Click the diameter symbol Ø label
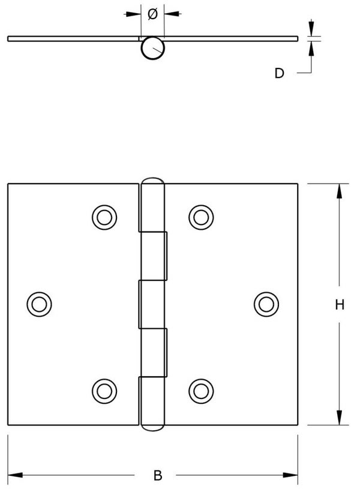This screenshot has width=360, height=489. pyautogui.click(x=152, y=14)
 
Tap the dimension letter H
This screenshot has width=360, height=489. pyautogui.click(x=340, y=305)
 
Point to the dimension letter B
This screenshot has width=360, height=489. pyautogui.click(x=158, y=476)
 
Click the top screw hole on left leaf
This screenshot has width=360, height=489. pyautogui.click(x=105, y=217)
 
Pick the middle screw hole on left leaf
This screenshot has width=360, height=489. pyautogui.click(x=39, y=304)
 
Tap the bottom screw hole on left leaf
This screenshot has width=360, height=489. pyautogui.click(x=105, y=391)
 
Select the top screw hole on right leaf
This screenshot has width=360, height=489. pyautogui.click(x=201, y=217)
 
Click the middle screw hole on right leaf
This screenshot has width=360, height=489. pyautogui.click(x=266, y=304)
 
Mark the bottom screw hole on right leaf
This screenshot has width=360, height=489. pyautogui.click(x=201, y=391)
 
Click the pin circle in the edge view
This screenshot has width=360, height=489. pyautogui.click(x=152, y=49)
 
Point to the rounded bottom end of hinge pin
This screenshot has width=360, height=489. pyautogui.click(x=152, y=427)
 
